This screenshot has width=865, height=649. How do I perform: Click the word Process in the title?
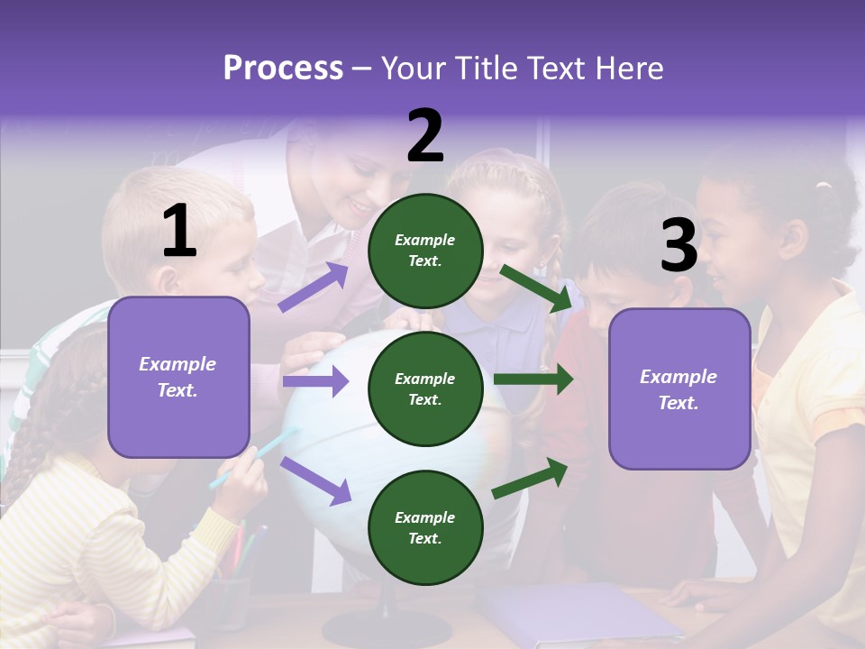283,69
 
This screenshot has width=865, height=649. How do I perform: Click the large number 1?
179,232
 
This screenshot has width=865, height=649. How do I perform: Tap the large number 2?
425,136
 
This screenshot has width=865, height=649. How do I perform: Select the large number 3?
678,246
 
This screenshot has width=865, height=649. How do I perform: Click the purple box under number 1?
178,377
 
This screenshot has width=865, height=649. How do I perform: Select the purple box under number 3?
679,388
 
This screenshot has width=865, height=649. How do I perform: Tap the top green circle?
425,251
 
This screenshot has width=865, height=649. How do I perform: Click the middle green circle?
425,388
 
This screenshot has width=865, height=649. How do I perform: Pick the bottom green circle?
425,527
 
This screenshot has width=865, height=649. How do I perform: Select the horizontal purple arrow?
315,382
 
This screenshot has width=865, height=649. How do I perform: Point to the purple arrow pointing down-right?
315,480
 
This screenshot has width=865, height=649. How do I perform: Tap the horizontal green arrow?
533,379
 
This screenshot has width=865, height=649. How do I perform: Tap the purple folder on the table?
577,612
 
